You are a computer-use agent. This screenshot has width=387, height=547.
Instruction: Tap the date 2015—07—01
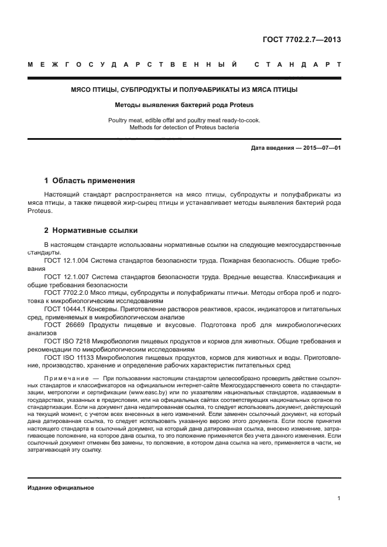[x=320, y=148]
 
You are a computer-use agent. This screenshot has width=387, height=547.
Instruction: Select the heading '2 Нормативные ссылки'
[x=91, y=231]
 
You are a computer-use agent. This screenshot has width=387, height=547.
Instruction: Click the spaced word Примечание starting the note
[x=64, y=379]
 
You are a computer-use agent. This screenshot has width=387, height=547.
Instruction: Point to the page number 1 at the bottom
[x=339, y=498]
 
